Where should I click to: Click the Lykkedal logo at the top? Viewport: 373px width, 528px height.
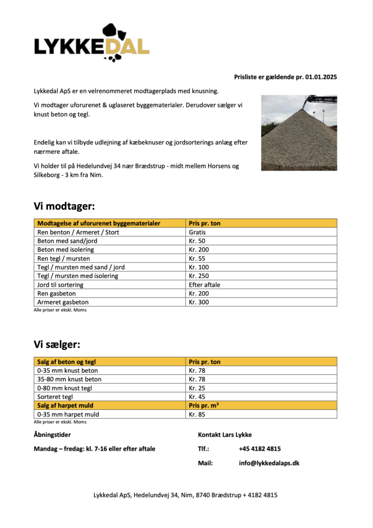pyautogui.click(x=92, y=43)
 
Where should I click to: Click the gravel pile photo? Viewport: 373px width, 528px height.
pyautogui.click(x=299, y=133)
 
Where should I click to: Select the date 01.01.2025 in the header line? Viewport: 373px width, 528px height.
pyautogui.click(x=320, y=77)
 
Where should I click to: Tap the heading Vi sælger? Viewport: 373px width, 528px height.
pyautogui.click(x=57, y=344)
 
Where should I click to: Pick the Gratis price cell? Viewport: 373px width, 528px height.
pyautogui.click(x=198, y=232)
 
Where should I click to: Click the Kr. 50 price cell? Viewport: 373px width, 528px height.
pyautogui.click(x=197, y=241)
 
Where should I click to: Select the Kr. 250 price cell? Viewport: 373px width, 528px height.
pyautogui.click(x=199, y=276)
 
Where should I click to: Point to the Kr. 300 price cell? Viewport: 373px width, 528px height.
pyautogui.click(x=199, y=302)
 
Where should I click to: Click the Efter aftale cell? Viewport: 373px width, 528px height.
pyautogui.click(x=204, y=285)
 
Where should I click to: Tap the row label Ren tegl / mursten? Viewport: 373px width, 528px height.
pyautogui.click(x=63, y=258)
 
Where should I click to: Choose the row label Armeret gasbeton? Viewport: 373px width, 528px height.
pyautogui.click(x=63, y=302)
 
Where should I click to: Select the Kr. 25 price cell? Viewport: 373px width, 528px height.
pyautogui.click(x=197, y=388)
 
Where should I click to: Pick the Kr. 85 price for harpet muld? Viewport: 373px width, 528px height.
pyautogui.click(x=197, y=414)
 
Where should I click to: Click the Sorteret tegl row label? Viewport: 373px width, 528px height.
pyautogui.click(x=55, y=397)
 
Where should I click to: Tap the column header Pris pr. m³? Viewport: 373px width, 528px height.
pyautogui.click(x=204, y=405)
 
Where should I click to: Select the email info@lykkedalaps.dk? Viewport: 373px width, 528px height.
pyautogui.click(x=269, y=463)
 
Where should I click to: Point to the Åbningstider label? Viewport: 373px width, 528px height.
pyautogui.click(x=52, y=435)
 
